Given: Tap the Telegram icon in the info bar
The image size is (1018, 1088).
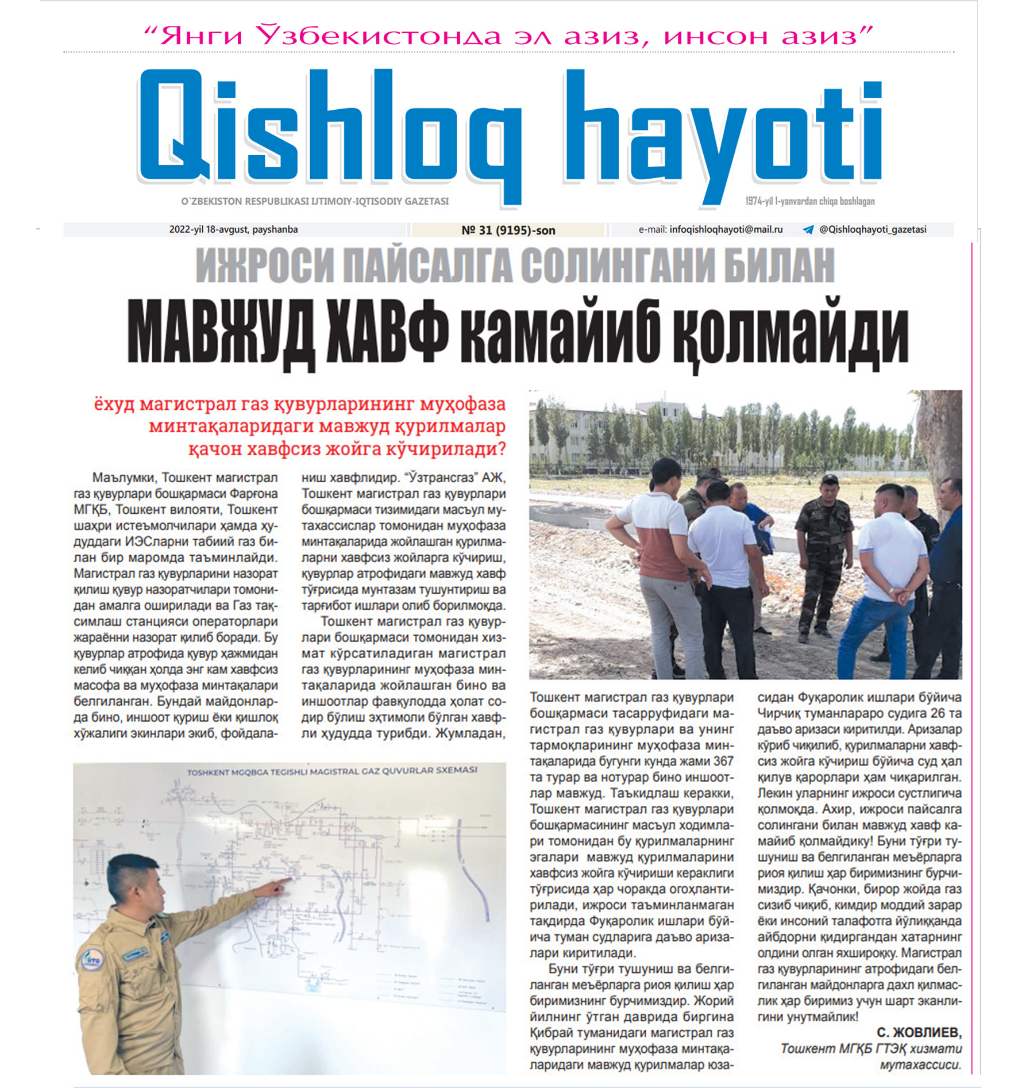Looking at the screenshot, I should pyautogui.click(x=808, y=230).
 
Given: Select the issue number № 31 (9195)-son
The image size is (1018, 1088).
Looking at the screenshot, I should pyautogui.click(x=508, y=230).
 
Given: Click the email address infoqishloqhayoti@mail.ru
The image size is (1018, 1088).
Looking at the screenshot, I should pyautogui.click(x=726, y=229).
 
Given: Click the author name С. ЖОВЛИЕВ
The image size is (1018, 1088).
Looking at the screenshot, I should pyautogui.click(x=919, y=1032).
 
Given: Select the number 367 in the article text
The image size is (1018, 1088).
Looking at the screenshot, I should pyautogui.click(x=723, y=762).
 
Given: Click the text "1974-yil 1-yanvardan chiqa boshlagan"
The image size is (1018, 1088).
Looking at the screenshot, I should pyautogui.click(x=809, y=201).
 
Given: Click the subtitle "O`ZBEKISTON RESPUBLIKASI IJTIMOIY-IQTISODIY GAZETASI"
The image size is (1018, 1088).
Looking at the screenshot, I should pyautogui.click(x=315, y=202).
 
